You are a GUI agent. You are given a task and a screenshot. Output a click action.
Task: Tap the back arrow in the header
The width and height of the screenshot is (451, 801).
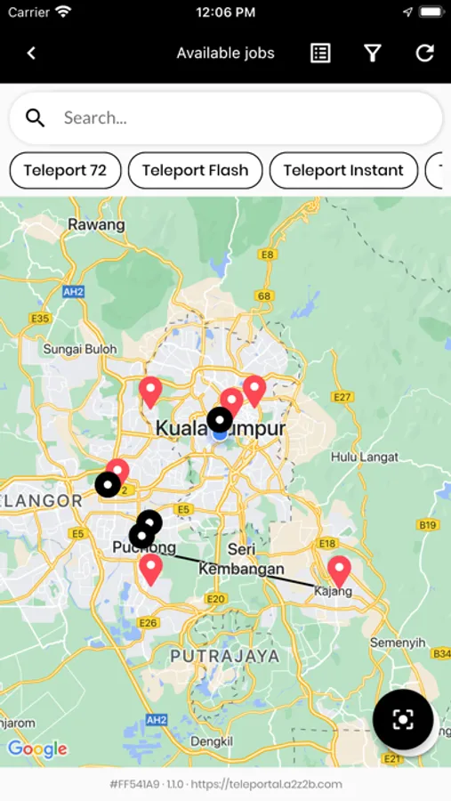coord(31,53)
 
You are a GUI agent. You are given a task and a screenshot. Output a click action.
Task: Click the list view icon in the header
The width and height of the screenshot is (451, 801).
coord(320,53)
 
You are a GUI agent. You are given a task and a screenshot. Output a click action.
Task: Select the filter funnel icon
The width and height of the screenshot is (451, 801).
coord(373,53)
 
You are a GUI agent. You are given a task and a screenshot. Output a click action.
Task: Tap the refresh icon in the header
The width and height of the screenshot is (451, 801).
coord(425,53)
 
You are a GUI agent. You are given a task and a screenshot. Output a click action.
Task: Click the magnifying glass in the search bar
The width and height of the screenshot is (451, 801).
coord(36,117)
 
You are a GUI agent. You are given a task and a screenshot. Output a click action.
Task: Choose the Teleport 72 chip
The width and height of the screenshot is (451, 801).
coord(65,171)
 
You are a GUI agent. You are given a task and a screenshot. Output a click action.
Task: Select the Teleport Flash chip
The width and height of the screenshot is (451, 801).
coord(195,171)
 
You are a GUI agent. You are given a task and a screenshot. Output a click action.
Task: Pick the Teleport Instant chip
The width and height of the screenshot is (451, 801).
coord(343,171)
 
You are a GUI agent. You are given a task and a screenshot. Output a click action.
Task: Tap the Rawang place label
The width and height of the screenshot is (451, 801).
coord(96,224)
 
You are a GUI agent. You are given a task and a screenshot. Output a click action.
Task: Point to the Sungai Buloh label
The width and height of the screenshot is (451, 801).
coord(80,350)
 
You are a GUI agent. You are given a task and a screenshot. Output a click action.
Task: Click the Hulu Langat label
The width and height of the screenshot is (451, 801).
coord(356,457)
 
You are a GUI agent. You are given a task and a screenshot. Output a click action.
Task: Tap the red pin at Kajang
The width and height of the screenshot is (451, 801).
coord(338,570)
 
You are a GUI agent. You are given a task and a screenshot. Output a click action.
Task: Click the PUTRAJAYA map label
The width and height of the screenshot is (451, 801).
coord(224,656)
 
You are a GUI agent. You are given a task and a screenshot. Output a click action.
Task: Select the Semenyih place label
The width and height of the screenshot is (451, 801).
coord(398,643)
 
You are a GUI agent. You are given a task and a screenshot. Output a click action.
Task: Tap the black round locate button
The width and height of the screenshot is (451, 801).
coord(403,719)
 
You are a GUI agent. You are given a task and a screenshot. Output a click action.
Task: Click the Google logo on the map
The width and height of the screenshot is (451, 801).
coord(37,749)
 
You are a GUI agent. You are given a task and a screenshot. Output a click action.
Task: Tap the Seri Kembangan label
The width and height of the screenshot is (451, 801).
coord(241,560)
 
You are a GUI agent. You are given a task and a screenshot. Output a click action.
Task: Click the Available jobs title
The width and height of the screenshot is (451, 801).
coord(225,53)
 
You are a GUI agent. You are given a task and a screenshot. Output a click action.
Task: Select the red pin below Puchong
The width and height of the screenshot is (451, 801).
coord(151,568)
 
